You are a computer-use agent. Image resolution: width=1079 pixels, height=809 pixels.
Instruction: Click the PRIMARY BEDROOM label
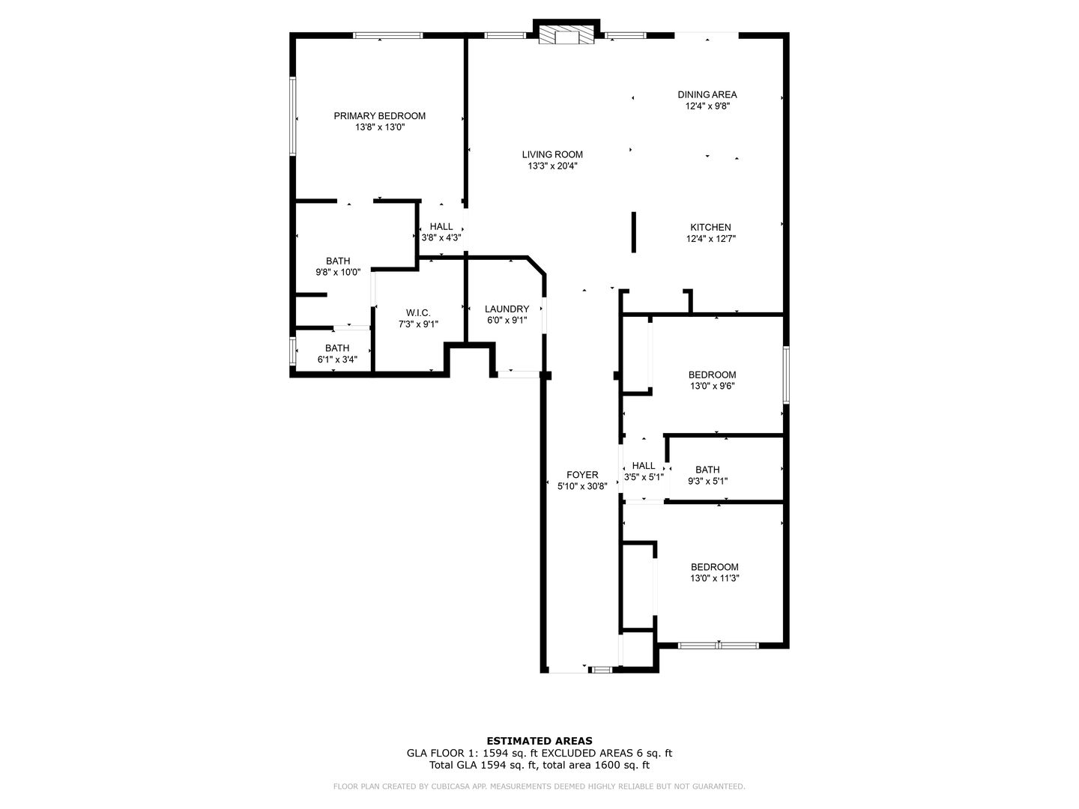(379, 116)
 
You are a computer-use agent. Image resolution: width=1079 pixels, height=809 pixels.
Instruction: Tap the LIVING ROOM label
(552, 155)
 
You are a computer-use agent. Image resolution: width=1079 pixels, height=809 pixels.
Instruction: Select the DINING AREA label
(707, 94)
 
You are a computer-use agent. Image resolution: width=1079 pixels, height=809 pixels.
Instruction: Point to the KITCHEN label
(710, 228)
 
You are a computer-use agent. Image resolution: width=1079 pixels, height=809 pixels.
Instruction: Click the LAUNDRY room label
(507, 309)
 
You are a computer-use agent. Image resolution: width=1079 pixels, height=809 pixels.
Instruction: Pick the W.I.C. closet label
(417, 313)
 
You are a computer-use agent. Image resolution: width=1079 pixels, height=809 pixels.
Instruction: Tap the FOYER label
(582, 475)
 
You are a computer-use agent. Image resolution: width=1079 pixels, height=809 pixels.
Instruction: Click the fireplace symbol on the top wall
(566, 37)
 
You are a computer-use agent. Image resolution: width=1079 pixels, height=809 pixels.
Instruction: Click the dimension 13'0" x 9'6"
(712, 387)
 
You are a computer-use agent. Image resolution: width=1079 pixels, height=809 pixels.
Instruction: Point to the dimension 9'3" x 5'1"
(707, 482)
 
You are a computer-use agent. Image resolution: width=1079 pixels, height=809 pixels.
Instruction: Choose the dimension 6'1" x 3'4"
(337, 360)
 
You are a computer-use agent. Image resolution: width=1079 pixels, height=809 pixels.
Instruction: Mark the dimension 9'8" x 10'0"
(337, 273)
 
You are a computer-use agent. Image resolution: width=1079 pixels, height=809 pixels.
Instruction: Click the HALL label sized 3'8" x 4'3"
(441, 227)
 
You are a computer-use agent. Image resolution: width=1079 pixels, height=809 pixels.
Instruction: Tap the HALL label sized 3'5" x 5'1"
(643, 466)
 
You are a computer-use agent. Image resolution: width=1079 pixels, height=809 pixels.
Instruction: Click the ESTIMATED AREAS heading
(539, 741)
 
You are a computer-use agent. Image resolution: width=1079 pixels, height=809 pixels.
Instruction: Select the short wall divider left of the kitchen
(633, 232)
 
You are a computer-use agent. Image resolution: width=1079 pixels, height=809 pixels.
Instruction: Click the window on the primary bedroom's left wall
(293, 116)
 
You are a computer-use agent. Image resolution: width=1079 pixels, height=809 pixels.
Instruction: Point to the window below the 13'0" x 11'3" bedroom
(718, 645)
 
